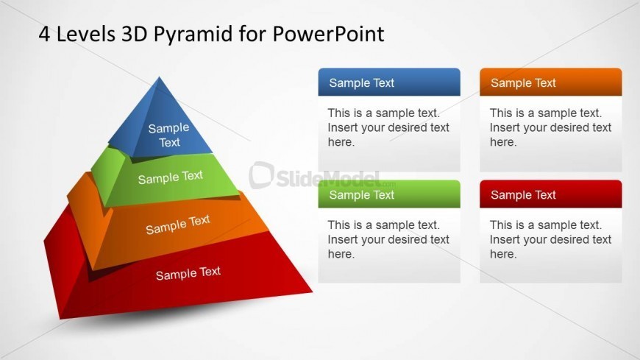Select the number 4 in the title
(44, 34)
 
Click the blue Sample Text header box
(389, 82)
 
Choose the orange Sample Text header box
(550, 82)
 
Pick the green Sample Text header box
(389, 194)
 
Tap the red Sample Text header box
(550, 194)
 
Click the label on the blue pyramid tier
(169, 135)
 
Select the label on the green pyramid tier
(170, 177)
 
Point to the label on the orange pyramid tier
(178, 225)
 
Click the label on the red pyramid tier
(188, 273)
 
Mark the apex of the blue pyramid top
(159, 78)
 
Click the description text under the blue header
(388, 127)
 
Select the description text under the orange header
(550, 127)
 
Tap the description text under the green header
(388, 239)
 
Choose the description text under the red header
(550, 239)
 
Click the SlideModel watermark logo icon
(261, 175)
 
